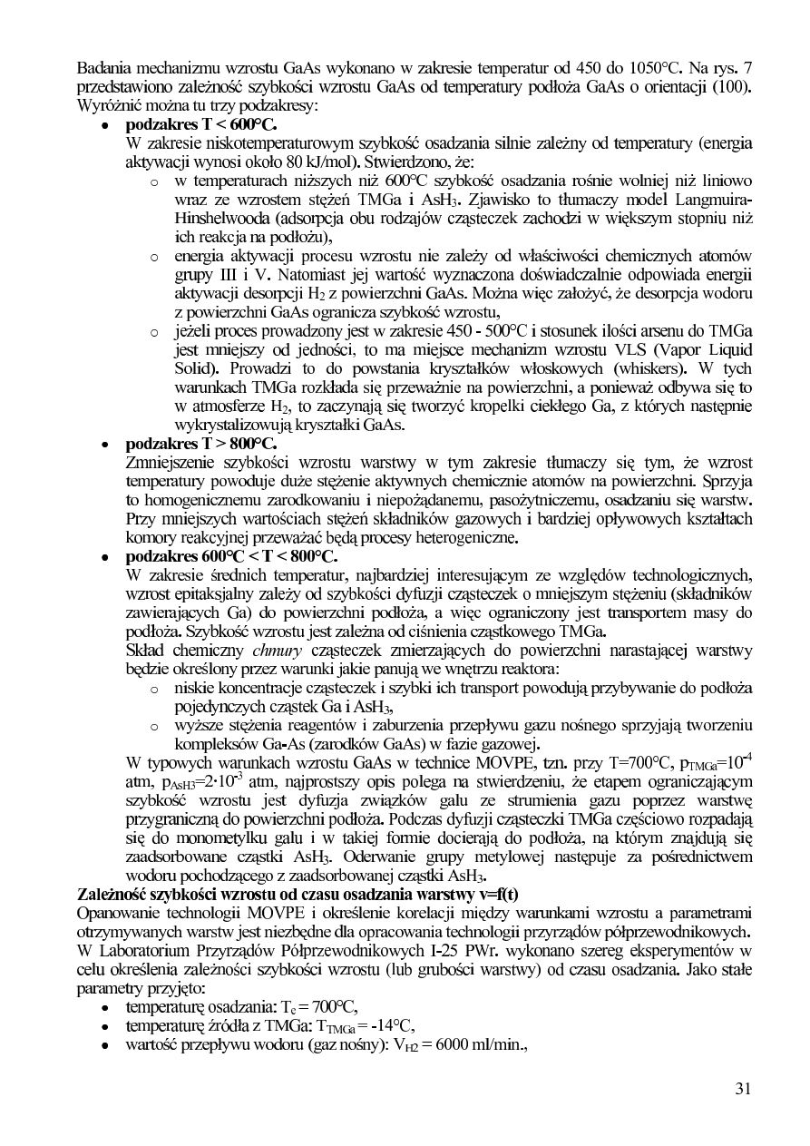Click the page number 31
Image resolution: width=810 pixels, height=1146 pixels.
point(743,1090)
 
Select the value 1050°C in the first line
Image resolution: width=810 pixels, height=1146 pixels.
point(652,68)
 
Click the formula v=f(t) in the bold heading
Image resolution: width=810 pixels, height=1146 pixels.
point(496,894)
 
